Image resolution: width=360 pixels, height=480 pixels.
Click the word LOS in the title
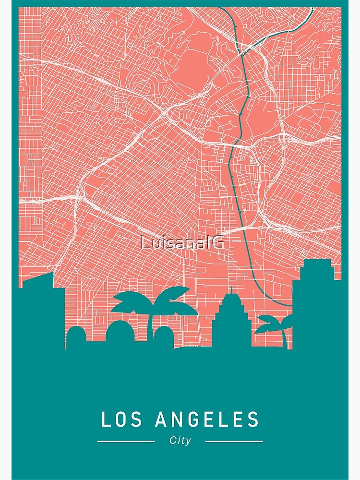122,420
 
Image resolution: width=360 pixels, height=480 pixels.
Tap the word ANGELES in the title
207,420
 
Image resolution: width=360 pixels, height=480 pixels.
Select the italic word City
180,441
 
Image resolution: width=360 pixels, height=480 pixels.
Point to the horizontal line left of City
126,441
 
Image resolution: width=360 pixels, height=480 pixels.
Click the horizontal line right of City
234,441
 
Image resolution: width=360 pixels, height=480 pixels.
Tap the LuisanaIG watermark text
182,243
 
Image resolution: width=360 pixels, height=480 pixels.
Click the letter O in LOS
122,420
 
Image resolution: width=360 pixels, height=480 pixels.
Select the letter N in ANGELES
178,420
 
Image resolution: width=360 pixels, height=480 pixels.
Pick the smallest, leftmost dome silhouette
76,336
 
